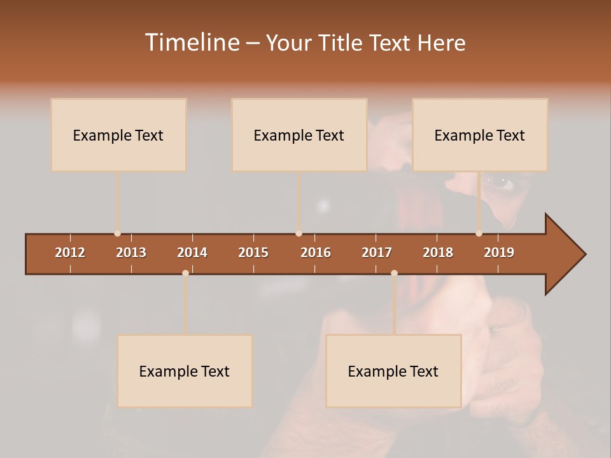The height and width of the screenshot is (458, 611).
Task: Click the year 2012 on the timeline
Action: pyautogui.click(x=70, y=253)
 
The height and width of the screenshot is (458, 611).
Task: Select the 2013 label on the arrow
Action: pyautogui.click(x=131, y=253)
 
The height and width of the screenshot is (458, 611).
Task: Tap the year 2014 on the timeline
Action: pyautogui.click(x=192, y=253)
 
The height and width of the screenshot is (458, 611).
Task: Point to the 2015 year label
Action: pyautogui.click(x=253, y=253)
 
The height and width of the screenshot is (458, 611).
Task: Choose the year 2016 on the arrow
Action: pyautogui.click(x=316, y=253)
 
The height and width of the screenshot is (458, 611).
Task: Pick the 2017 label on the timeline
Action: pyautogui.click(x=377, y=253)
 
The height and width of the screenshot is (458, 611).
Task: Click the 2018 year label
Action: pyautogui.click(x=438, y=253)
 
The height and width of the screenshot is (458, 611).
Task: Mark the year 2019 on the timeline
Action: pyautogui.click(x=499, y=253)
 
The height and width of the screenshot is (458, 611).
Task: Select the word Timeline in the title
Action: pyautogui.click(x=191, y=43)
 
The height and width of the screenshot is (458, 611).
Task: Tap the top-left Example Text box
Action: pyautogui.click(x=118, y=135)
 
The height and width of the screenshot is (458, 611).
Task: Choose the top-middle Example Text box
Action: pyautogui.click(x=299, y=135)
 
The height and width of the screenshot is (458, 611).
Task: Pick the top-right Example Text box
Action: pyautogui.click(x=480, y=135)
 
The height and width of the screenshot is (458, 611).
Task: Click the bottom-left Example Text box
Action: pyautogui.click(x=185, y=371)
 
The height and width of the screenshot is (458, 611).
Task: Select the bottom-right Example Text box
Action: pyautogui.click(x=393, y=371)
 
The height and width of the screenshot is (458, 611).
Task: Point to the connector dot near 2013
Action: pyautogui.click(x=117, y=233)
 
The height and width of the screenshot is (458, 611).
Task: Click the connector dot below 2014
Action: pyautogui.click(x=185, y=273)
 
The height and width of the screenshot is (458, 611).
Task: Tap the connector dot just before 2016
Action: pyautogui.click(x=298, y=233)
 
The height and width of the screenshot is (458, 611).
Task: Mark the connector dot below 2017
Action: pyautogui.click(x=394, y=273)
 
